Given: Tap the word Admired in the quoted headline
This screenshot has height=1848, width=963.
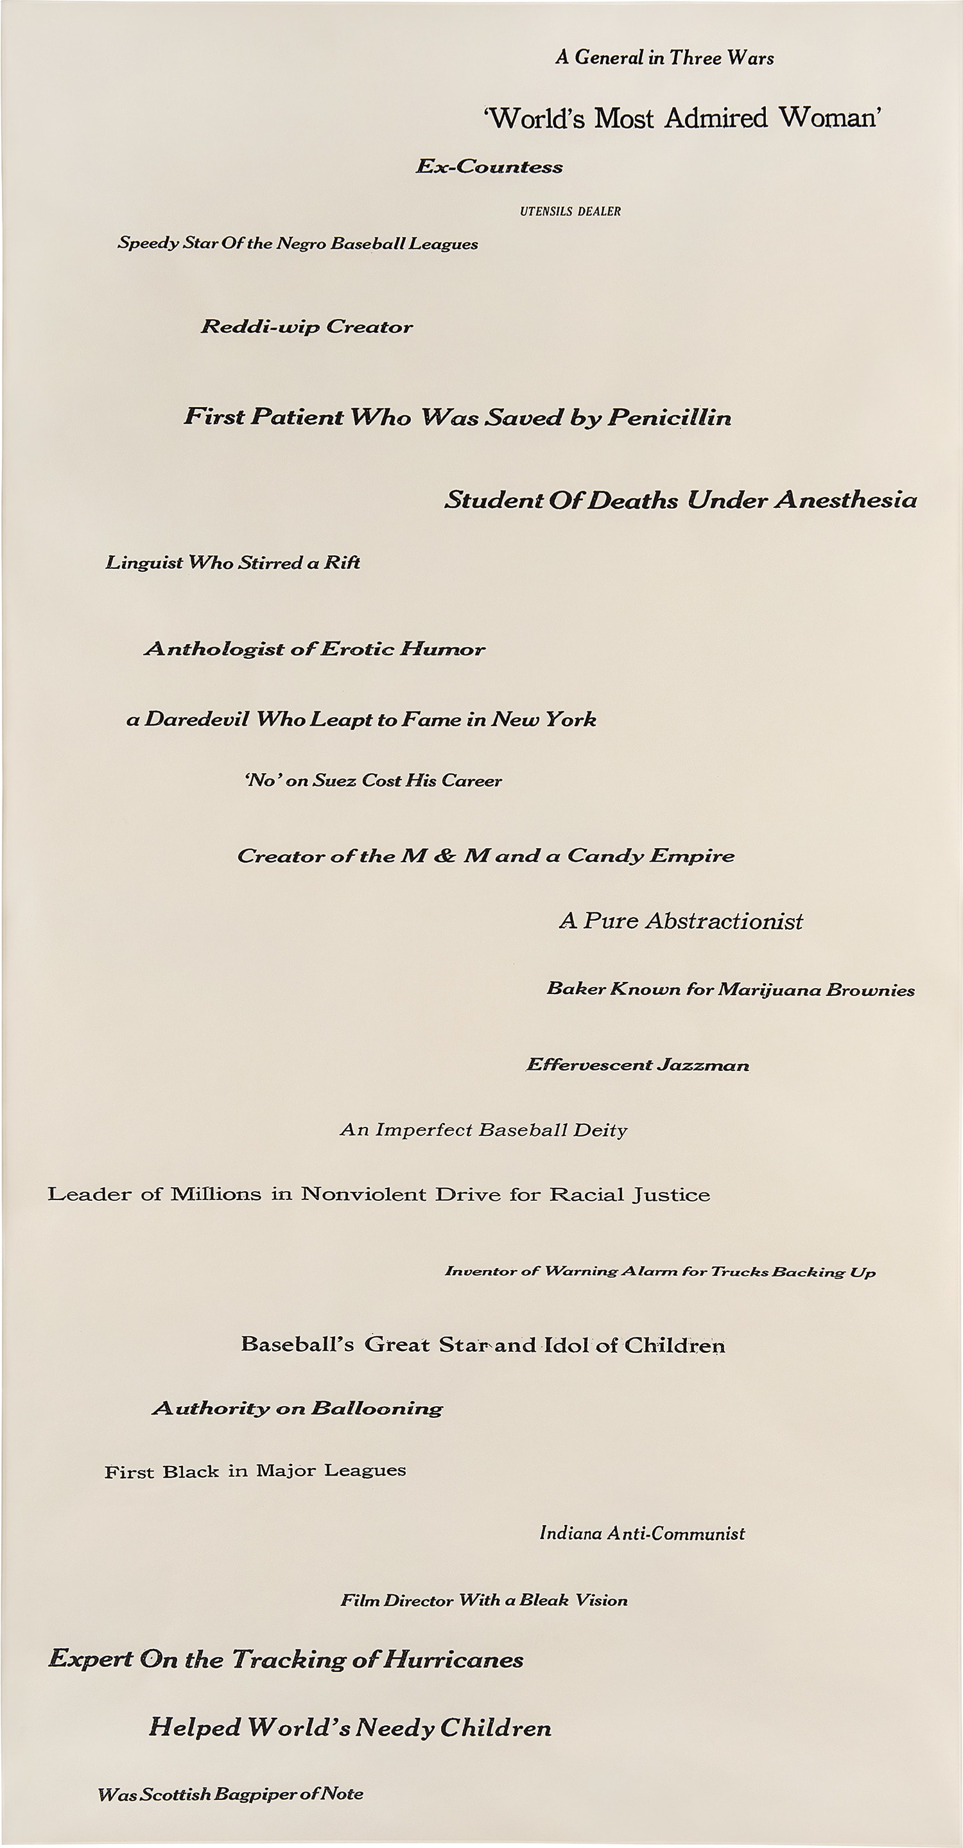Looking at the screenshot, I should [716, 118].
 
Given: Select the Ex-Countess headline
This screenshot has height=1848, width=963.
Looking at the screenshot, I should [490, 166].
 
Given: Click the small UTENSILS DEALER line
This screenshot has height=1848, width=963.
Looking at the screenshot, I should [570, 211].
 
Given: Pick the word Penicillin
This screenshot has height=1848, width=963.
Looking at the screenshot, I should [669, 417].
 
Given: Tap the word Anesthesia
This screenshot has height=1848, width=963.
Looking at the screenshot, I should [846, 500].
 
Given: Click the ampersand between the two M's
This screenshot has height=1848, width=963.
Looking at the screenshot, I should [444, 856].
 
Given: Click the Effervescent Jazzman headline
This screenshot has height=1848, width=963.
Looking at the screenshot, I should [638, 1065].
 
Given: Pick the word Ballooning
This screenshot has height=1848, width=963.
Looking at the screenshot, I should [377, 1409].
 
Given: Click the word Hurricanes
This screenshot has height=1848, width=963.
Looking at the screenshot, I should [453, 1659].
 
